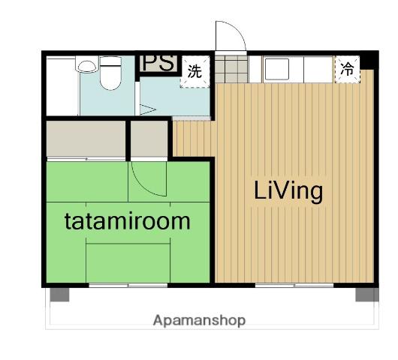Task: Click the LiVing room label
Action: [x=288, y=192]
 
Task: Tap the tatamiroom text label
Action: [x=128, y=221]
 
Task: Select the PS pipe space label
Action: [x=159, y=63]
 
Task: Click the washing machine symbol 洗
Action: [x=195, y=72]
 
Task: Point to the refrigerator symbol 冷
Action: [x=347, y=69]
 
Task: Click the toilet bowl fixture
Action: [x=110, y=73]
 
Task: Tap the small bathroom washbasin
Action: [x=87, y=64]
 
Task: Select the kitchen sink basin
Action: [x=276, y=69]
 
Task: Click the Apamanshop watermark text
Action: [x=200, y=320]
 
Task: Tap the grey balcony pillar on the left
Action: [x=59, y=295]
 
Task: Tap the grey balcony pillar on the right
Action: [x=367, y=295]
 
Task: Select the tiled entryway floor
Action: [x=231, y=69]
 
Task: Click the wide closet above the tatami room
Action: [x=86, y=139]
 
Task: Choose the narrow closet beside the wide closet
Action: [x=149, y=139]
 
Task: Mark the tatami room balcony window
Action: [x=128, y=286]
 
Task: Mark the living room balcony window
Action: [x=294, y=286]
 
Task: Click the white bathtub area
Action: [x=62, y=86]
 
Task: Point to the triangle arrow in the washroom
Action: [x=147, y=109]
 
